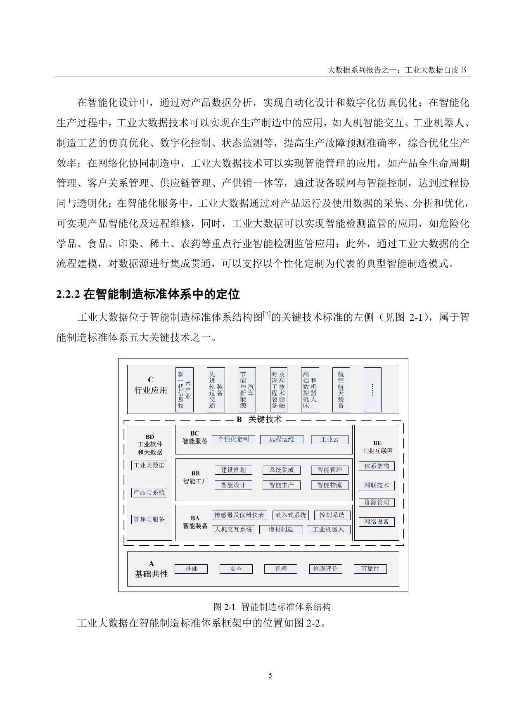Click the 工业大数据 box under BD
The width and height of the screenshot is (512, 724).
point(149,465)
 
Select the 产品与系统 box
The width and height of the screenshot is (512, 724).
point(149,492)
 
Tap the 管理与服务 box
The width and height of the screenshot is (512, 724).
point(149,519)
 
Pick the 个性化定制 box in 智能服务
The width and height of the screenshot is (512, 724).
point(233,440)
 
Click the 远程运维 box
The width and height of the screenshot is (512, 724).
point(282,440)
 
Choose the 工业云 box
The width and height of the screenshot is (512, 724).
point(329,440)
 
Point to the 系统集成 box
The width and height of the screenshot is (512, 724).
point(282,470)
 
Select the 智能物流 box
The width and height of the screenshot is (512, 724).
point(329,485)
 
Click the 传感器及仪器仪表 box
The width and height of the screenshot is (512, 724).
point(239,515)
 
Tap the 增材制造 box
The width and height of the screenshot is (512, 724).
point(281,529)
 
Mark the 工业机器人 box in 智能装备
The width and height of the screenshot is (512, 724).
point(328,529)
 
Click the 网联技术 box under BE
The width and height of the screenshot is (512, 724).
point(377,485)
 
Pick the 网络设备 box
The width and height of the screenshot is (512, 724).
point(377,522)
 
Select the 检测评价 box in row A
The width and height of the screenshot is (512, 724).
point(325,569)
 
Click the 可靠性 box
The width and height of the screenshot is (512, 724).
point(370,569)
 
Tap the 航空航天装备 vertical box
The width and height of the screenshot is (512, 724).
point(341,390)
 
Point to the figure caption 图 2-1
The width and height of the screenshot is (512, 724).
point(224,607)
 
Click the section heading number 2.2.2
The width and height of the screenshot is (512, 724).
point(68,295)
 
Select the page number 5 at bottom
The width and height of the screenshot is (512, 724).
point(270,676)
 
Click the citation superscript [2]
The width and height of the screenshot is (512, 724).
point(267,314)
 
